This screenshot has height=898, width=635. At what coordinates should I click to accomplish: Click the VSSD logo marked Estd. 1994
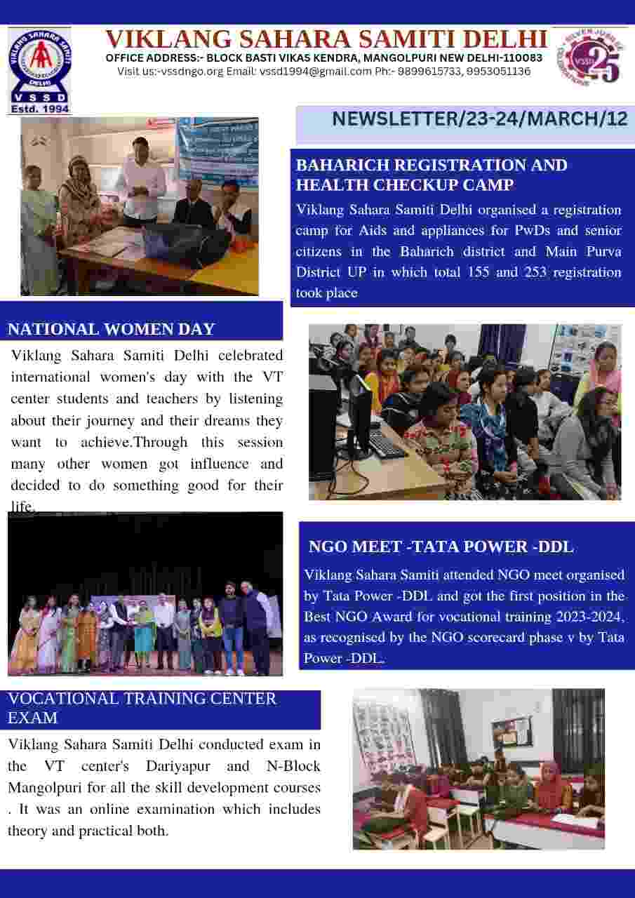click(39, 70)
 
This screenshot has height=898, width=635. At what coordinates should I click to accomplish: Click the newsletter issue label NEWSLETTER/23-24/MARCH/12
click(480, 119)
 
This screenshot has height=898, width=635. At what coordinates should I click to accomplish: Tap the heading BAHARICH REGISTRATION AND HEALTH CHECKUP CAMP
click(431, 175)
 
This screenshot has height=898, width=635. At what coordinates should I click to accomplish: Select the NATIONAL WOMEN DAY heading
click(111, 329)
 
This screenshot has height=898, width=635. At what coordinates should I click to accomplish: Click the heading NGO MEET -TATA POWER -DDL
click(441, 547)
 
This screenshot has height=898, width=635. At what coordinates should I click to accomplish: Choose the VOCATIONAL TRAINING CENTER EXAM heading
click(142, 708)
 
